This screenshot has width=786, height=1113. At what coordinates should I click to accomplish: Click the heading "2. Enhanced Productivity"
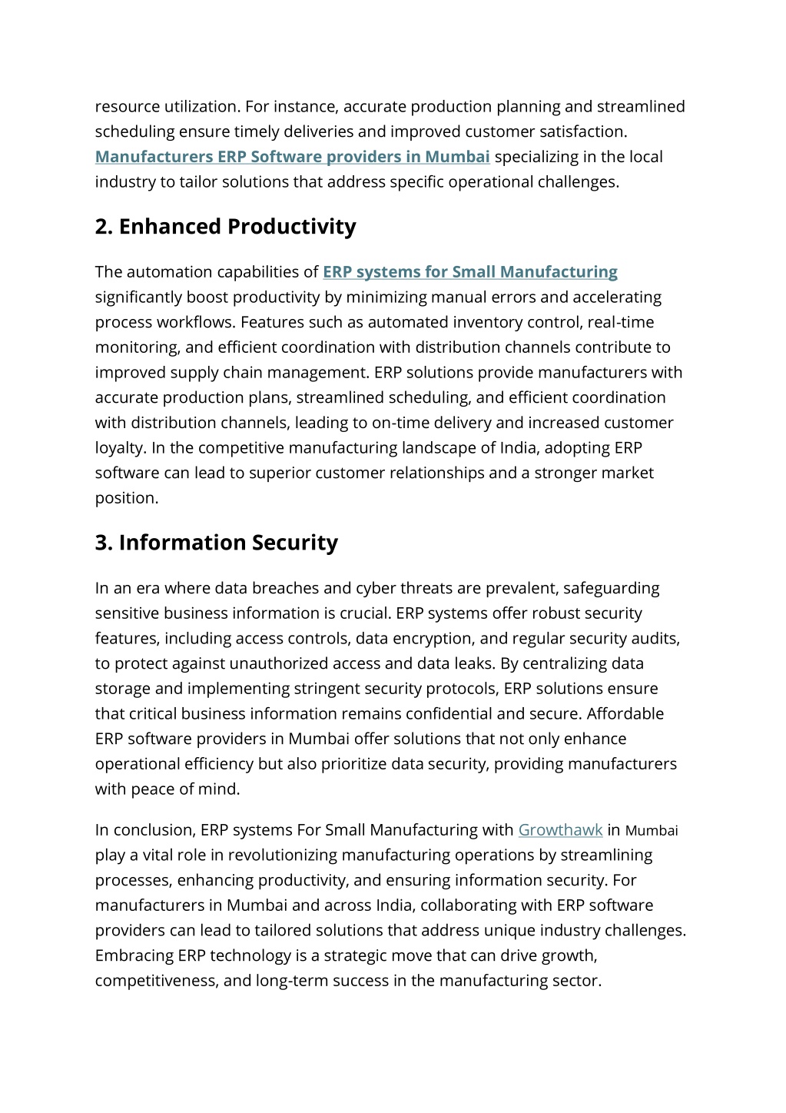(x=225, y=227)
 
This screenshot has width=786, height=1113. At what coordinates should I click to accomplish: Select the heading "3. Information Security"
(x=216, y=543)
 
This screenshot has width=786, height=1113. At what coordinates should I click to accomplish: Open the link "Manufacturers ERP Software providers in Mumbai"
(x=292, y=157)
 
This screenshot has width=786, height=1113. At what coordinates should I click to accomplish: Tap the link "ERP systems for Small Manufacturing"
(x=469, y=272)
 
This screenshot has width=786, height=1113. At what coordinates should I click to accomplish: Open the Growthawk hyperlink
(x=560, y=830)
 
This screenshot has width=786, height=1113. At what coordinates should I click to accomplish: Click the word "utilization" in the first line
(x=200, y=107)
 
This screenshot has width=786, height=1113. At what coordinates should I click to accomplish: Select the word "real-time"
(x=622, y=322)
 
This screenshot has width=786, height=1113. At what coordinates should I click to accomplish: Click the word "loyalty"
(x=120, y=448)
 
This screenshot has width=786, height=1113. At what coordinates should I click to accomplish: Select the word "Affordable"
(x=625, y=714)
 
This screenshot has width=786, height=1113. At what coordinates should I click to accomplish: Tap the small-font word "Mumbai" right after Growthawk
(x=652, y=831)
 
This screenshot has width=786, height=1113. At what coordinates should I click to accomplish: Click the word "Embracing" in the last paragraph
(x=134, y=956)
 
